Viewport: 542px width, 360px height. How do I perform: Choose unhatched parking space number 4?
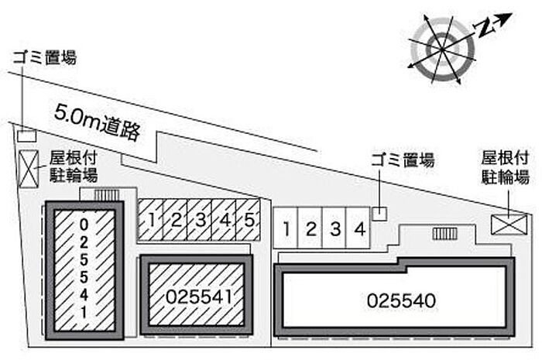tap(358, 228)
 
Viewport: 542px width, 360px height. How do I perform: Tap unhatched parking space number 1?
tap(286, 228)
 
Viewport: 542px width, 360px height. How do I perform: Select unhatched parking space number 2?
tap(311, 228)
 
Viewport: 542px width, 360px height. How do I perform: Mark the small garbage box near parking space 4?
tap(379, 212)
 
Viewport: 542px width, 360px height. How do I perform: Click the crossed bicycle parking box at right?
tap(508, 223)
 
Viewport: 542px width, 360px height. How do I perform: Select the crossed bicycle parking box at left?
tap(29, 170)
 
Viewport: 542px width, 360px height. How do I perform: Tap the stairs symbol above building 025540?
tap(444, 233)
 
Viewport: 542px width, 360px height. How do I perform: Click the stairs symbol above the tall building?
tap(105, 196)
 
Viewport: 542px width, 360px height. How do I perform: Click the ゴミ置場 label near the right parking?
tap(402, 161)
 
